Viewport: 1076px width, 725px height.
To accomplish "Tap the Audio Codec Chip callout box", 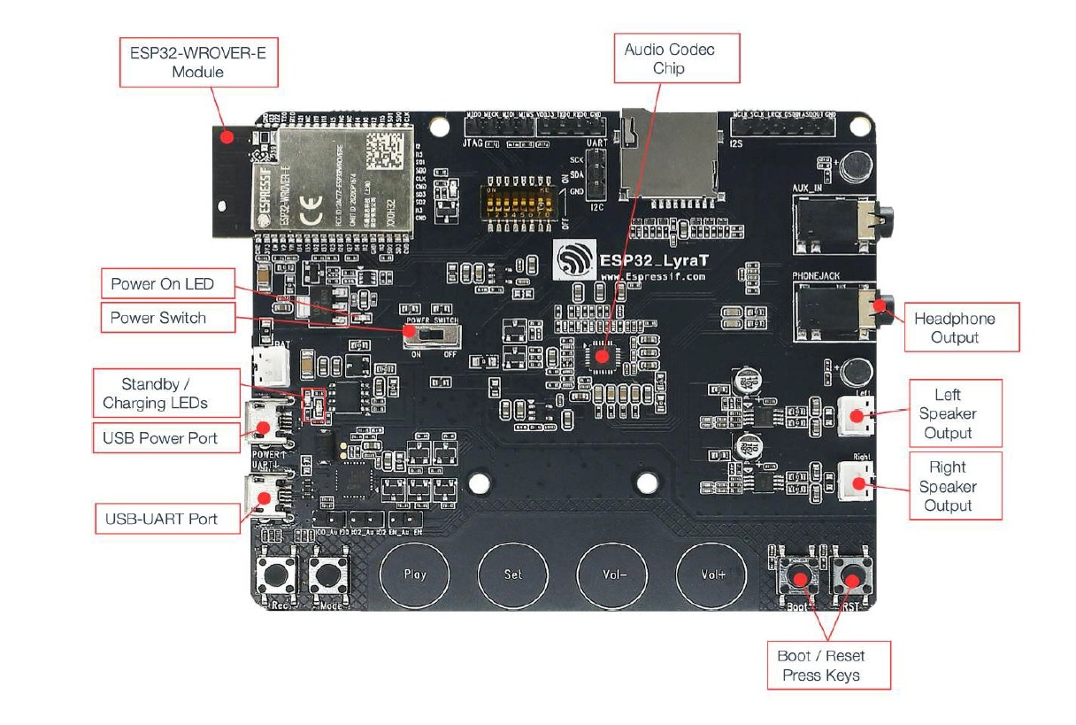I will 669,58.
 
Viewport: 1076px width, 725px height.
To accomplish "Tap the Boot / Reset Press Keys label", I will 821,666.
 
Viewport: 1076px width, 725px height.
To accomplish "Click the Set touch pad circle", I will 513,574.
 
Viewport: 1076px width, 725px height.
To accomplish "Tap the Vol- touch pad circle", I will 612,574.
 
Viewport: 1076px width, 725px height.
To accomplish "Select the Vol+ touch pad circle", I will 712,574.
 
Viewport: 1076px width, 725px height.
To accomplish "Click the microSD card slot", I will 668,156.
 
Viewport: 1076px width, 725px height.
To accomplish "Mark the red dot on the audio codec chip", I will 602,356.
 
